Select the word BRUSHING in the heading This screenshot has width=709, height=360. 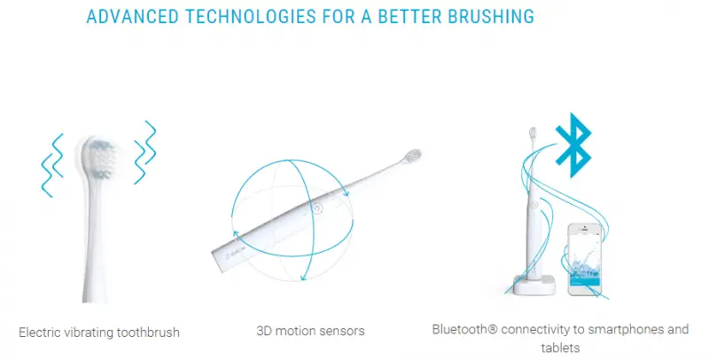tap(491, 16)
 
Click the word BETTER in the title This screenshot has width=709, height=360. tap(409, 16)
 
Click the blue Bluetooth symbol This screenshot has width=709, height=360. tap(573, 145)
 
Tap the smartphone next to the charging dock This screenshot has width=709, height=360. tap(584, 259)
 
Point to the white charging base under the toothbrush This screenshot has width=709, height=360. tap(534, 286)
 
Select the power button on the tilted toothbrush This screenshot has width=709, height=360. tap(318, 208)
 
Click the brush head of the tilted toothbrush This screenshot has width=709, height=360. tap(411, 156)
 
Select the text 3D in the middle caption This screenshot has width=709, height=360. tap(263, 331)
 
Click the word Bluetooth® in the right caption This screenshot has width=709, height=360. tap(464, 329)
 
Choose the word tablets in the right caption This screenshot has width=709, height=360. tap(560, 348)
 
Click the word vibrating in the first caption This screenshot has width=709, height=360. tap(89, 333)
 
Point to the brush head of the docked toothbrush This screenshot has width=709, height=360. tap(533, 133)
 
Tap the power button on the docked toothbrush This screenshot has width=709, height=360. tap(534, 205)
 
